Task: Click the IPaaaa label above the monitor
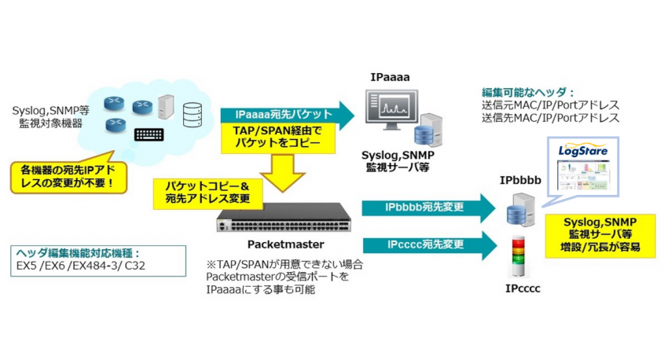coord(391,77)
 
